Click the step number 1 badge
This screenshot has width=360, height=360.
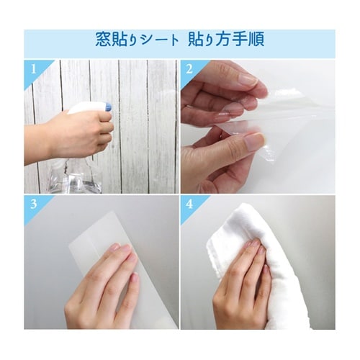(34, 70)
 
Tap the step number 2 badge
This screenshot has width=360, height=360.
(189, 70)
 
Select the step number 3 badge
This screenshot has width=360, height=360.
(34, 204)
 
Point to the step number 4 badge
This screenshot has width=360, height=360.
(189, 204)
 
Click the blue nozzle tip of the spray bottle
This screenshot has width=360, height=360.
(109, 106)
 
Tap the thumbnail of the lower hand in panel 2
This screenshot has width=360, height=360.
(254, 142)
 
